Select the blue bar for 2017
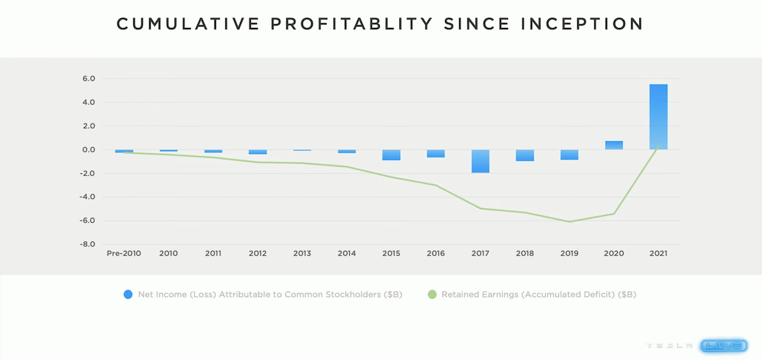pos(480,161)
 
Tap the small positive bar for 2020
pos(613,145)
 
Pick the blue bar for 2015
pos(391,155)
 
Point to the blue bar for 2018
pos(525,156)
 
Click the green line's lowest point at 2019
pos(570,222)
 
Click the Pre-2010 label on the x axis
pos(124,253)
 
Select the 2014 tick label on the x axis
pos(347,253)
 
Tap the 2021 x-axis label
pos(658,253)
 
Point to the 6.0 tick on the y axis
pos(88,79)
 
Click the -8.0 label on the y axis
pos(87,244)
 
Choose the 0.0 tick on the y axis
pos(88,150)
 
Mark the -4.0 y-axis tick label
pos(87,197)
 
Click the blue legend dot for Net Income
pos(128,295)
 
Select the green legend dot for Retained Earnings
pos(432,295)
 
